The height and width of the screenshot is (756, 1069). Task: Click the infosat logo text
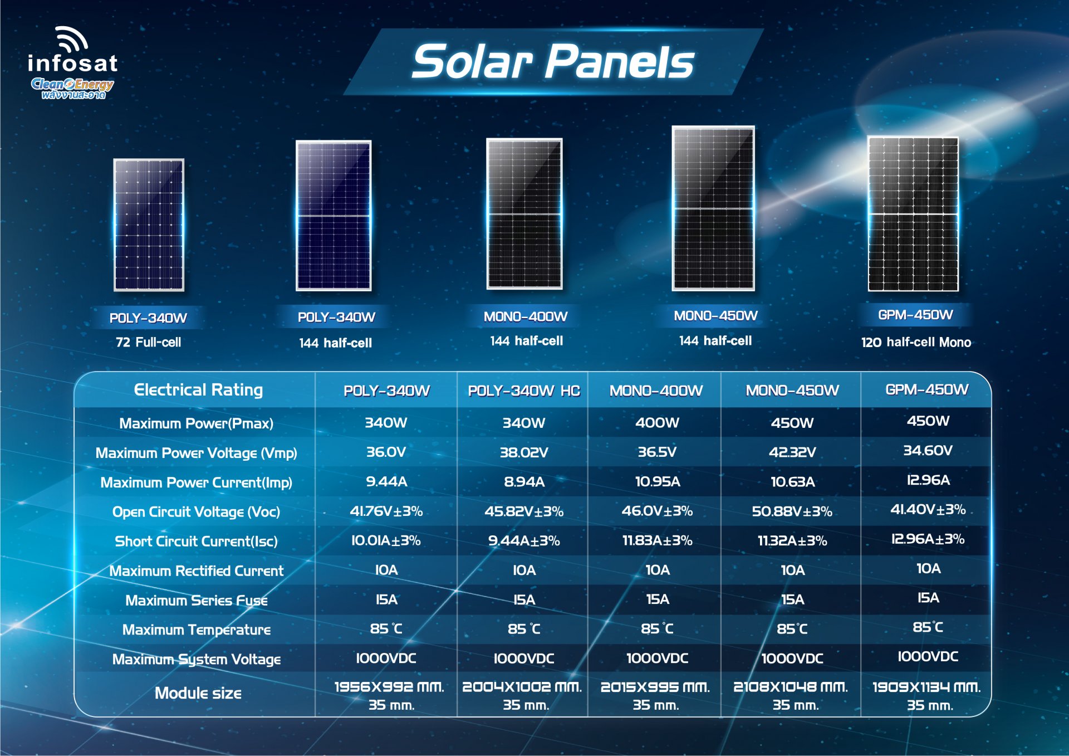coord(72,63)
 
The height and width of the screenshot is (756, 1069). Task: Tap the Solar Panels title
coord(553,61)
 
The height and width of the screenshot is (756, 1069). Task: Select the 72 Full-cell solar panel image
coord(149,225)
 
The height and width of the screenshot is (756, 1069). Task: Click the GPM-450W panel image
coord(913,214)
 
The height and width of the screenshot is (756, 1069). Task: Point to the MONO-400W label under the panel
coord(525,316)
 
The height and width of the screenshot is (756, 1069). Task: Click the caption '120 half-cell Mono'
coord(916,342)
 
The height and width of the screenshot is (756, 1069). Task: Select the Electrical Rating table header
coord(198,390)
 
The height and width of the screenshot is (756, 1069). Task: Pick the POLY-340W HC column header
coord(523,391)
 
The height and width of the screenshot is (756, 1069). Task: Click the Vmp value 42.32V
coord(792,452)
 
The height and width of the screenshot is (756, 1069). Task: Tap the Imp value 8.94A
coord(524,481)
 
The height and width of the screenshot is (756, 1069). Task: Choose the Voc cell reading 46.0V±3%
coord(657,511)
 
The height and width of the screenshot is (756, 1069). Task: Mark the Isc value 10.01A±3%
coord(386,540)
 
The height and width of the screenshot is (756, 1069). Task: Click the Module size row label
coord(198,693)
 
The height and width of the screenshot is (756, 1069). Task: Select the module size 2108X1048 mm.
coord(791,687)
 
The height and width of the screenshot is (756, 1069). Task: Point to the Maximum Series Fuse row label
coord(197,600)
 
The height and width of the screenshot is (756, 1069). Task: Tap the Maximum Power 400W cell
coord(657,422)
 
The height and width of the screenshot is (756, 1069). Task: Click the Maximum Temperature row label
coord(197,630)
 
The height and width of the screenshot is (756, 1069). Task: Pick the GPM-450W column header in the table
coord(927,389)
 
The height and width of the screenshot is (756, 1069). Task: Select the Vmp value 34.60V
coord(928,450)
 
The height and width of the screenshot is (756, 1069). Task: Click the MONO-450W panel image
coord(713,208)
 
